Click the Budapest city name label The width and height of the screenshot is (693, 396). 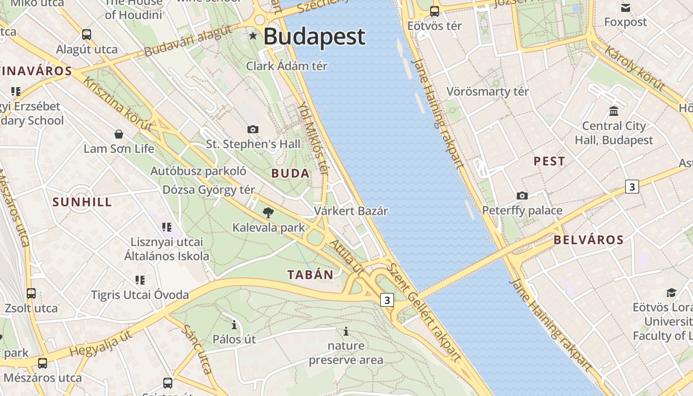(x=314, y=37)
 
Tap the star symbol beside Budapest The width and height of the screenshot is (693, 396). (x=253, y=36)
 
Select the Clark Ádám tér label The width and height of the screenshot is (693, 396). (x=287, y=66)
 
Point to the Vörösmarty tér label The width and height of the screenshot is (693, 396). (x=488, y=92)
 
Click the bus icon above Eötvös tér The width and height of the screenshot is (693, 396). (x=434, y=11)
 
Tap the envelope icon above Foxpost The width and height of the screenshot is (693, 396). (x=626, y=8)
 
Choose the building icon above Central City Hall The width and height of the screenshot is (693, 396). (x=614, y=110)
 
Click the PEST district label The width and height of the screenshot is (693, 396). (x=549, y=161)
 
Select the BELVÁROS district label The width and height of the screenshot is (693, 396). (x=589, y=240)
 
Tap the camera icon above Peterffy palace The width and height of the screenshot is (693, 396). (x=522, y=196)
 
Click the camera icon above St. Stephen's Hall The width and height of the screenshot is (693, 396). (x=253, y=129)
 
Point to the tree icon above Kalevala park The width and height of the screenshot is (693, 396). (x=268, y=213)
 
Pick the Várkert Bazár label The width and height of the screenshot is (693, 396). (x=351, y=211)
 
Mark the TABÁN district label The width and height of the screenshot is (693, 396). (x=310, y=275)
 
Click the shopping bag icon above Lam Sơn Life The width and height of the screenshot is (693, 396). (x=119, y=134)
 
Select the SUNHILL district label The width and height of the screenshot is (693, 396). (x=82, y=202)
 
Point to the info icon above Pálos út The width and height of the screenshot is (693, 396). (x=234, y=325)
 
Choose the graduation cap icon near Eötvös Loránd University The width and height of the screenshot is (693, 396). (x=671, y=293)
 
